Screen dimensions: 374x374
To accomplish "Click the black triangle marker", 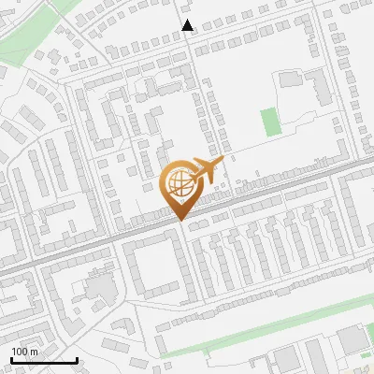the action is [188, 25].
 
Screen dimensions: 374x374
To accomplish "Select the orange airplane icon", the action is [207, 171].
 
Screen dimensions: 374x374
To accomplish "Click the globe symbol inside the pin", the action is [178, 182].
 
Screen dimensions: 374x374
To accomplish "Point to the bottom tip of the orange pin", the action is [179, 221].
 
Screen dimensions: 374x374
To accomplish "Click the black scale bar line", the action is [44, 361].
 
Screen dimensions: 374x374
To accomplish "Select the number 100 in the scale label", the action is [21, 352].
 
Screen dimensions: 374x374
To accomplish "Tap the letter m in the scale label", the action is [35, 352].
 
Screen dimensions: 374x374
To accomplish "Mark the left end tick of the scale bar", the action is [11, 359].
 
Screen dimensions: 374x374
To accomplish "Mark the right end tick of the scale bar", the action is [77, 359].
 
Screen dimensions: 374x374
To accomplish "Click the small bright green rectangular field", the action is [270, 122].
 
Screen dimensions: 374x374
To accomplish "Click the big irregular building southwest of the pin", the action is [98, 286].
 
